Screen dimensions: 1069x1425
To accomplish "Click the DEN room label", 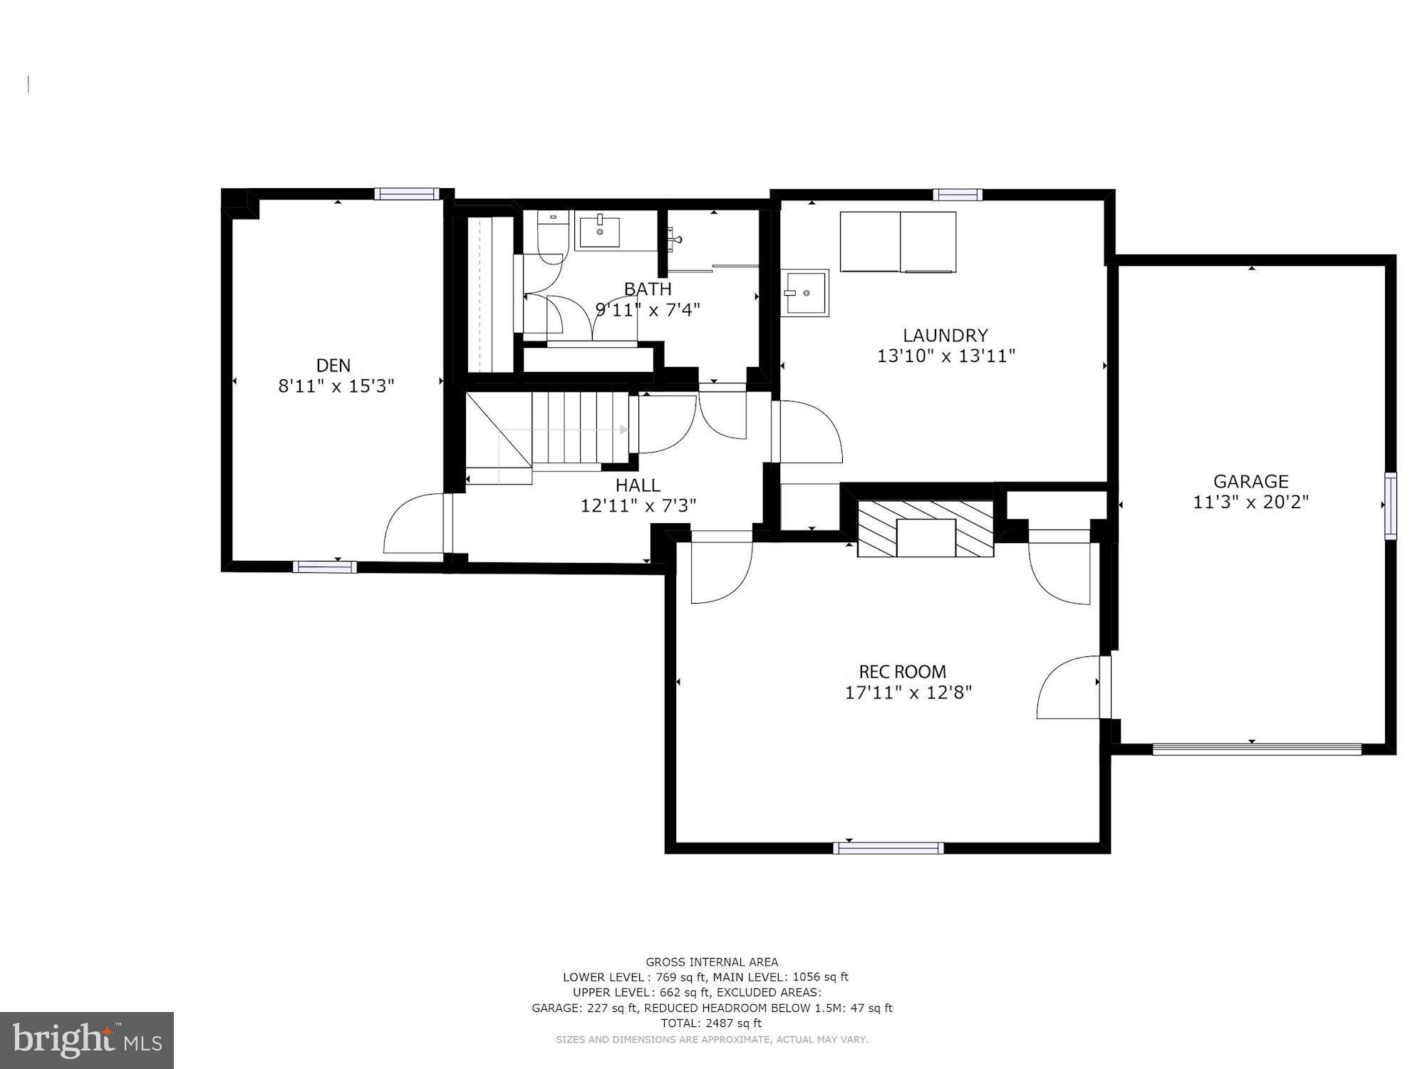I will click(333, 366).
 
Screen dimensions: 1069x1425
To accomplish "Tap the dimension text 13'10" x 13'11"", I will click(945, 356).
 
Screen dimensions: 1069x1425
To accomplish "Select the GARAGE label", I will click(1250, 482).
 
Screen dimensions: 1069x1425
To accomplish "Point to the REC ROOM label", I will click(902, 671).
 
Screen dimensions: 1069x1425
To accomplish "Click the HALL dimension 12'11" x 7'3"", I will click(638, 506).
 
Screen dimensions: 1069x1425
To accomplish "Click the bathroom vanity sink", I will click(598, 231).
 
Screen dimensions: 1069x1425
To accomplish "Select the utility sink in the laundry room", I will click(804, 292).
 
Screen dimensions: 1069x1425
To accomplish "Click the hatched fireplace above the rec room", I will click(925, 528).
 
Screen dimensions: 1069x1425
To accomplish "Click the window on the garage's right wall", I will click(1390, 505).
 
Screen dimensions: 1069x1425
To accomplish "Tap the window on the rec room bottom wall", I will click(888, 848).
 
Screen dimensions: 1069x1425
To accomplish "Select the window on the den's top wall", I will click(405, 194).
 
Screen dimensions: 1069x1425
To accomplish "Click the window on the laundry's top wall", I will click(958, 195).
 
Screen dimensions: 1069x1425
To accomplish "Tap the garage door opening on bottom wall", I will click(1257, 749).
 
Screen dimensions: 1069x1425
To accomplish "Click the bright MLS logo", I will click(86, 1040).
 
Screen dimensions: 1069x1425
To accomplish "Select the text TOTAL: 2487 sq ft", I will click(711, 1023).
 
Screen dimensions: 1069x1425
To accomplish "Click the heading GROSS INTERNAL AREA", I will click(711, 962).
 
